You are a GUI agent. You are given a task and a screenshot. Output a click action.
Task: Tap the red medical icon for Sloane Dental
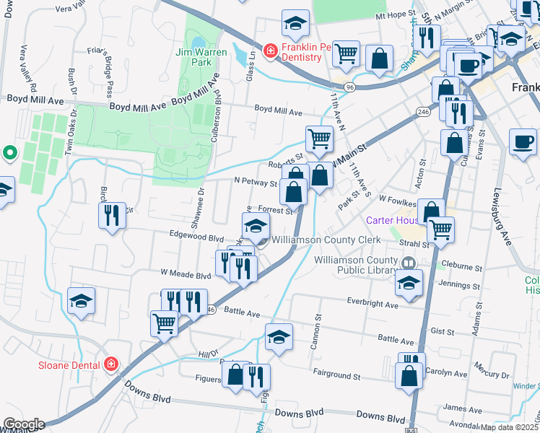pos(110,364)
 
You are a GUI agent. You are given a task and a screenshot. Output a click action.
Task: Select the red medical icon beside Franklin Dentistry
pos(270,51)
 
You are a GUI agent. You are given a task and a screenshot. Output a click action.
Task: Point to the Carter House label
pos(392,221)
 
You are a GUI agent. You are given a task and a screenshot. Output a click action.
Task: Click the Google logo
pos(23,424)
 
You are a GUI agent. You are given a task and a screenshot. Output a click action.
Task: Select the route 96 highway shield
pos(349,87)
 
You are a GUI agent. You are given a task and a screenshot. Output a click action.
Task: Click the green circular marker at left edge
pos(9,152)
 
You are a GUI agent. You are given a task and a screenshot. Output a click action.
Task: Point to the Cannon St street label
pos(316,331)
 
